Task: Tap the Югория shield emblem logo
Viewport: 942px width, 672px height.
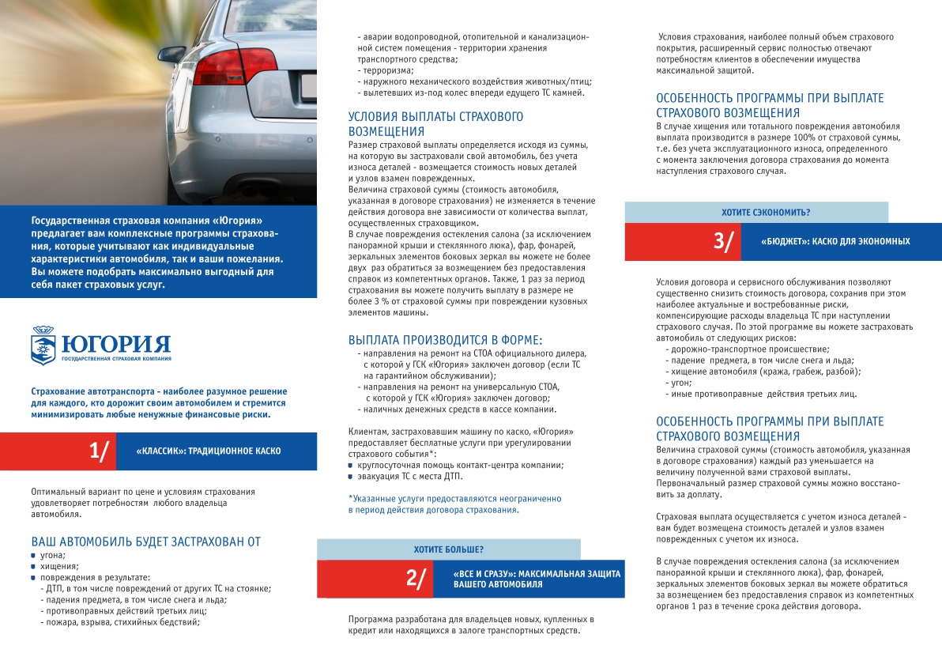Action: coord(43,345)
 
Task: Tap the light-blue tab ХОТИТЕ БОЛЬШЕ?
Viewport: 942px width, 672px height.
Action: coord(449,549)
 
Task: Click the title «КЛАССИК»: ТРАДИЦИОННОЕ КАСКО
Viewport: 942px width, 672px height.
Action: coord(208,451)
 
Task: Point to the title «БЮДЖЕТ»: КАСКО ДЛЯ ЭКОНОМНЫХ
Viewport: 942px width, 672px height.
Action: coord(835,242)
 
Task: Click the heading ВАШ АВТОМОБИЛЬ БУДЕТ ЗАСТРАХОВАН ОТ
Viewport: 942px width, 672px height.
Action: coord(145,542)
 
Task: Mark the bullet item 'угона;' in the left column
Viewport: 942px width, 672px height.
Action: coord(53,555)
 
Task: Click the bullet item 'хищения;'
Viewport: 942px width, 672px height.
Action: coord(59,566)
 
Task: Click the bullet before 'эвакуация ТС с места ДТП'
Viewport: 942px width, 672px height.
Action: coord(351,476)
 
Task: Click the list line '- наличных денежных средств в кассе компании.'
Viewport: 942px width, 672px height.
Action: coord(457,410)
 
